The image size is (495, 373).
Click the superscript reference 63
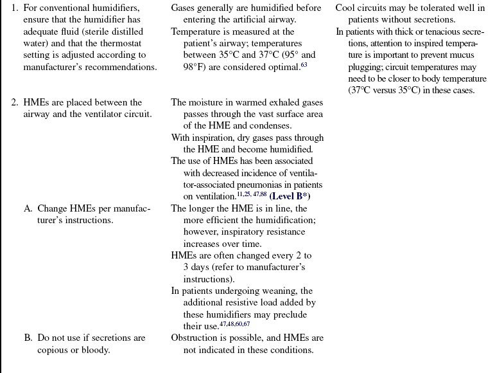[x=304, y=64]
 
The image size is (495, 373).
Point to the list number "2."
[x=15, y=102]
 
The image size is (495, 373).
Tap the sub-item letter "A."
[x=29, y=208]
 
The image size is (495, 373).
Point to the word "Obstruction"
[x=195, y=338]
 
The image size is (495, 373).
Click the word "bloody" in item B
[x=92, y=349]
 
